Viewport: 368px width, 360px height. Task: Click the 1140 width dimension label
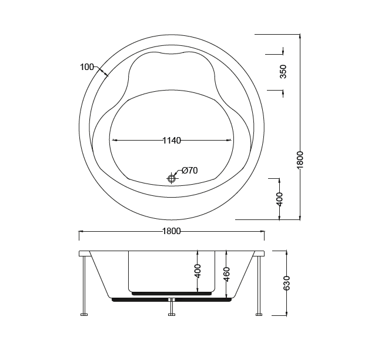tap(172, 141)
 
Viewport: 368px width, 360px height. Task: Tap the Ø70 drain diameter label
tap(190, 170)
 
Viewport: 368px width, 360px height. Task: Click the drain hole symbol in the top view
tap(172, 179)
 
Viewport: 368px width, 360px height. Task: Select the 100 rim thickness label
tap(87, 67)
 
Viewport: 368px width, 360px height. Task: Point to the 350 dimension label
tap(283, 72)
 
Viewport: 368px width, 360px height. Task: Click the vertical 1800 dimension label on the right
tap(300, 160)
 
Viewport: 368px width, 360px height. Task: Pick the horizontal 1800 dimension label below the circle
tap(172, 231)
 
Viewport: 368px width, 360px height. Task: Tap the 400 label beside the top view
tap(279, 199)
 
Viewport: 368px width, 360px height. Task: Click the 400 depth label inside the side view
tap(198, 271)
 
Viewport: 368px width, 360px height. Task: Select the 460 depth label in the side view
tap(226, 274)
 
